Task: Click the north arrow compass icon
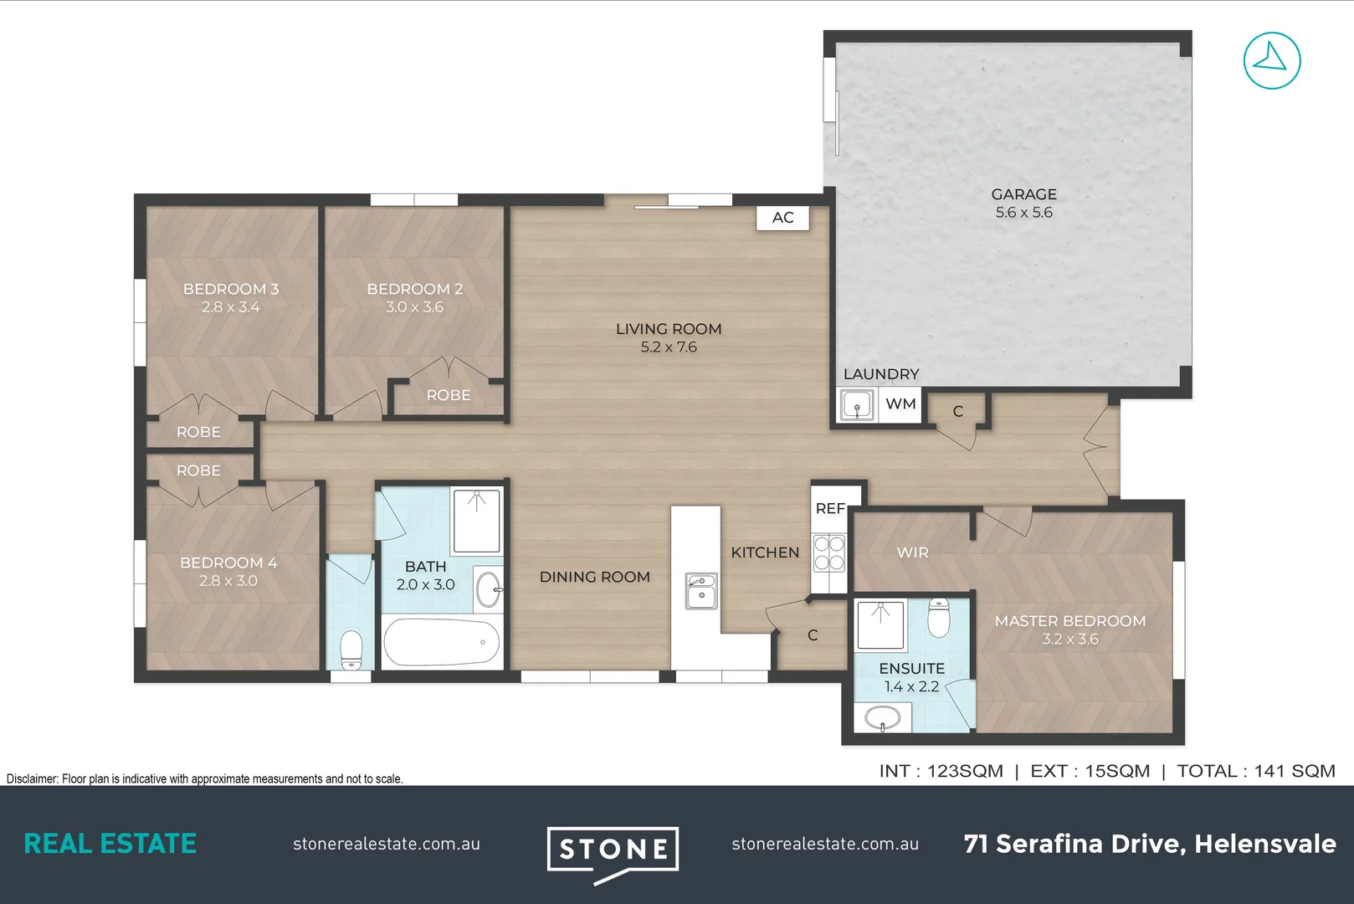tap(1271, 60)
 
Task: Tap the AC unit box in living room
tap(782, 218)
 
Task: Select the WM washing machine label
tap(900, 403)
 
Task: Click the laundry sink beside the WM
tap(857, 406)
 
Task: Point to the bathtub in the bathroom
tap(441, 642)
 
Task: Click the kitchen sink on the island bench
tap(701, 591)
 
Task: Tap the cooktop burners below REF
tap(829, 553)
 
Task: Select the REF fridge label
tap(830, 508)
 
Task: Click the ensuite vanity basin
tap(882, 717)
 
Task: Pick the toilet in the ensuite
tap(939, 618)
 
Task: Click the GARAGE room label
tap(1023, 194)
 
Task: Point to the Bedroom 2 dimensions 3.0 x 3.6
tap(414, 307)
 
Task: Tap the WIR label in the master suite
tap(912, 552)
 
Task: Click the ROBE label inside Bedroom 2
tap(449, 395)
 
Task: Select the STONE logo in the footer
tap(613, 851)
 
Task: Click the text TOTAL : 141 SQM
tap(1255, 771)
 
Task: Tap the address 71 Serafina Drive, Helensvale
tap(1149, 844)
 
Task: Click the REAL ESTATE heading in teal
tap(110, 844)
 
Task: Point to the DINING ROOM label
tap(594, 577)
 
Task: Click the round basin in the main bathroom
tap(488, 589)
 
